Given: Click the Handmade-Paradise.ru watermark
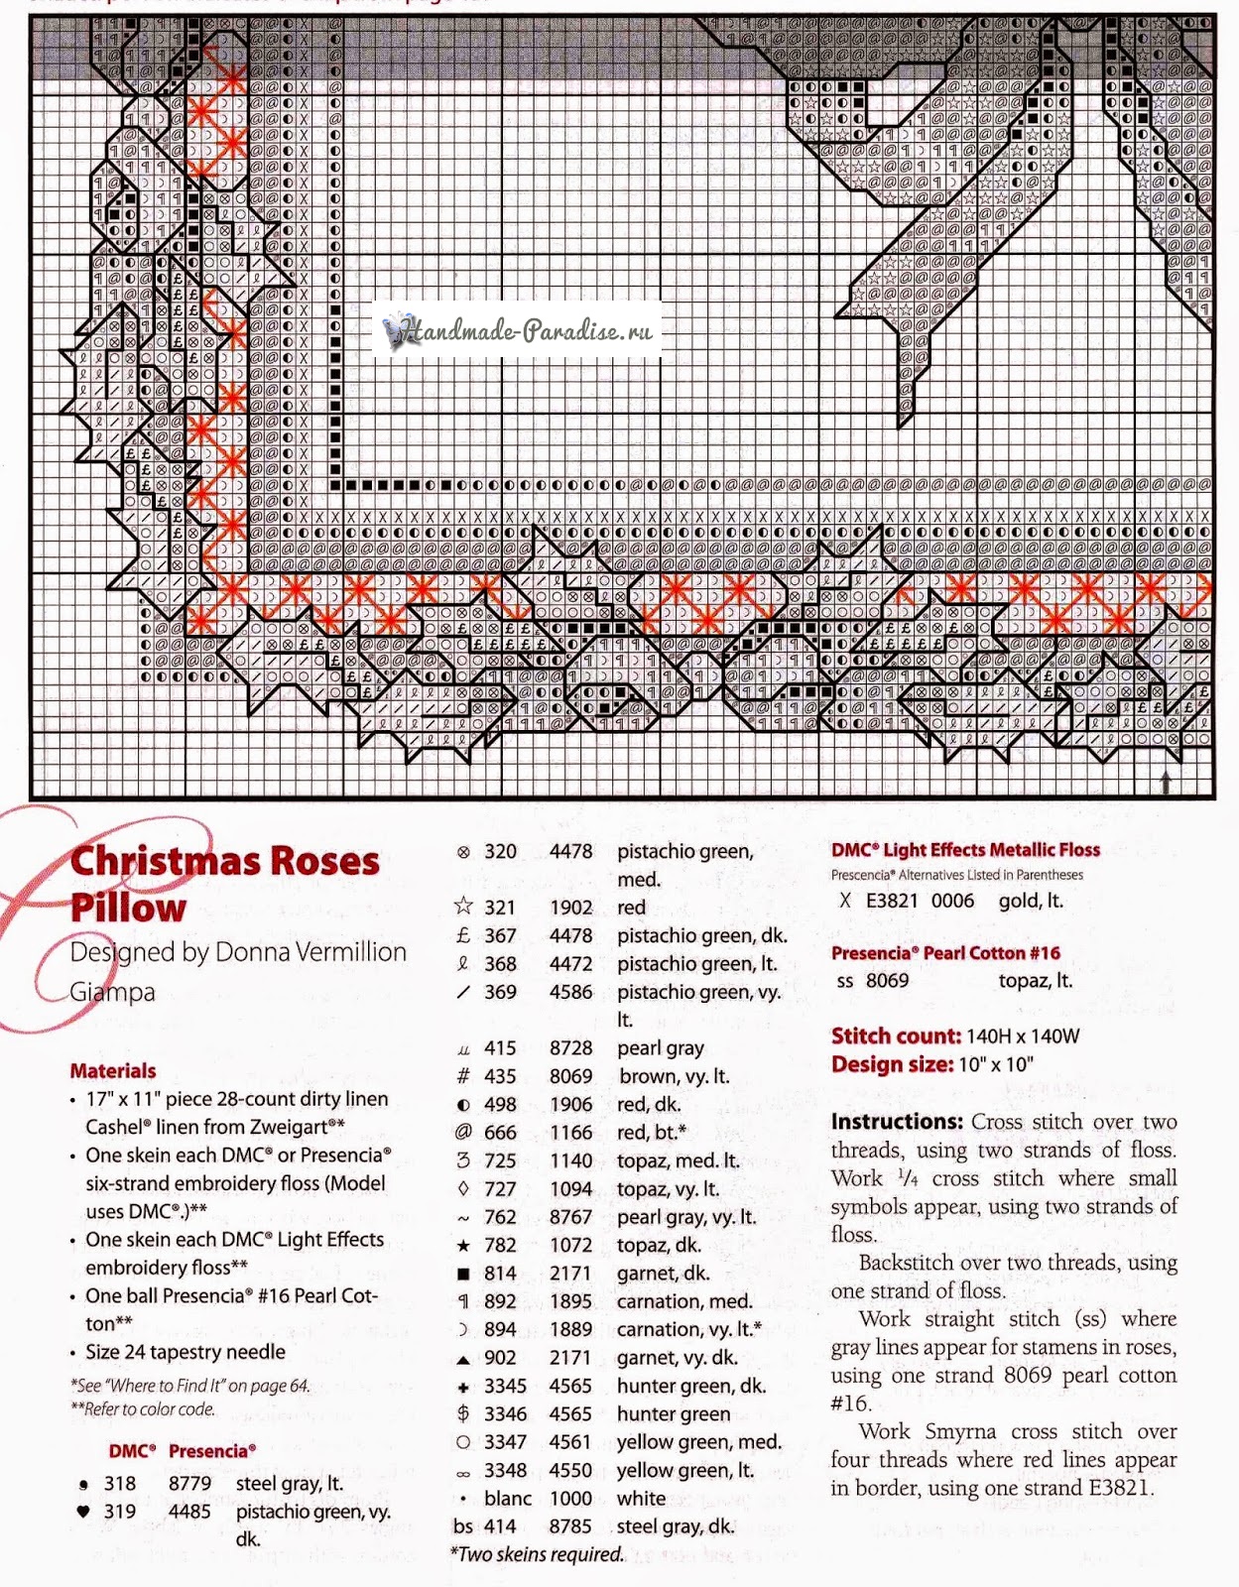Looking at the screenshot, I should [519, 330].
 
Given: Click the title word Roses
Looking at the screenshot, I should [315, 861].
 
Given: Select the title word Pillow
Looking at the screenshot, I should [128, 908].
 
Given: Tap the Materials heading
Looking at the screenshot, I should [113, 1071].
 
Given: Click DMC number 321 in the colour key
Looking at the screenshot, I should [500, 908].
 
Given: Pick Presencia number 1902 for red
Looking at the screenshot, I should [570, 908].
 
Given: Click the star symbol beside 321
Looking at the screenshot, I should [463, 907].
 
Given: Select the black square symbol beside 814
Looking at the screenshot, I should [463, 1274].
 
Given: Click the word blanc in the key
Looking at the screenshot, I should [508, 1499].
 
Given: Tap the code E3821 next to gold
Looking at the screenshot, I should [892, 901].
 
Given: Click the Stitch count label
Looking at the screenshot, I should [896, 1037].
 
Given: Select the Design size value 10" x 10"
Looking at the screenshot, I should [996, 1064].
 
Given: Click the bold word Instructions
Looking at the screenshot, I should [897, 1122].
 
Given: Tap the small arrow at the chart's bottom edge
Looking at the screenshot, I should [1166, 782].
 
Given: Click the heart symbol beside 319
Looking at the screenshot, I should [83, 1512].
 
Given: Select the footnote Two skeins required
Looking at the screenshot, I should [539, 1554].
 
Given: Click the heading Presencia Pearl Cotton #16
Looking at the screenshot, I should [945, 953].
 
